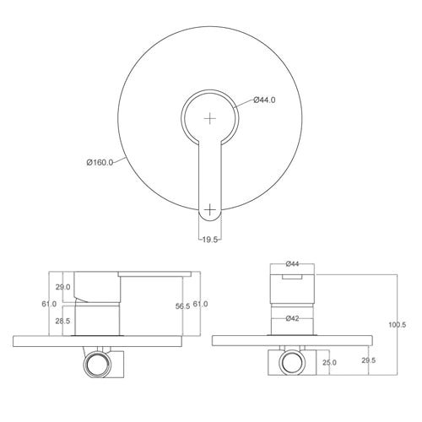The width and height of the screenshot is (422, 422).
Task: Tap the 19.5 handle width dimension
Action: (x=211, y=240)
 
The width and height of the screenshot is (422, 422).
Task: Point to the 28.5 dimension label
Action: (x=63, y=322)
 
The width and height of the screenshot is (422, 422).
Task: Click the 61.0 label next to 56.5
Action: (x=201, y=304)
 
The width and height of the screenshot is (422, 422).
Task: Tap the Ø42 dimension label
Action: (x=293, y=318)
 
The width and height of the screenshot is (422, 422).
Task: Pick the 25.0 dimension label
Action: (x=329, y=363)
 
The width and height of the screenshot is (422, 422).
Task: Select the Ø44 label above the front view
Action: (x=293, y=262)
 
